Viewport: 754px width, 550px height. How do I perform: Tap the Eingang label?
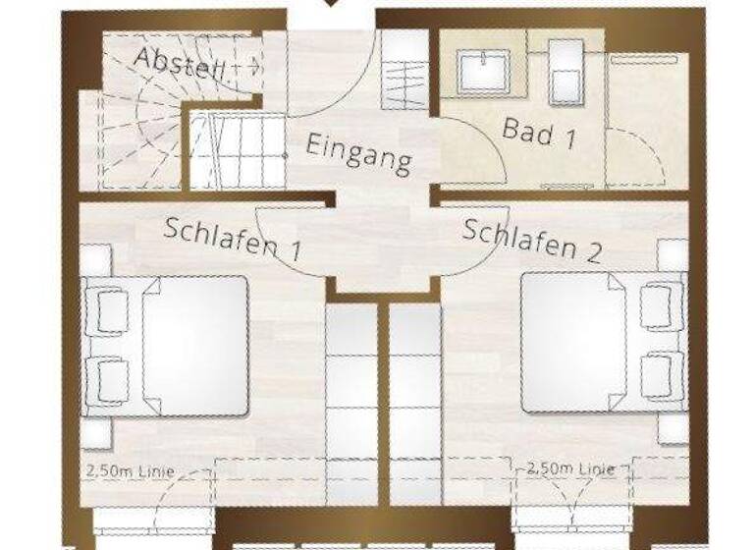tap(357, 154)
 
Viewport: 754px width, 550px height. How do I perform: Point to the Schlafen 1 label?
tap(233, 238)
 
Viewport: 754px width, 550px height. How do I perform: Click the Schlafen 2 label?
tap(531, 240)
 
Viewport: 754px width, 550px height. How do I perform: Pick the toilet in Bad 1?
tap(566, 73)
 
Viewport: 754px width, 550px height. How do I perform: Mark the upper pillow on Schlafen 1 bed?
tap(110, 307)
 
